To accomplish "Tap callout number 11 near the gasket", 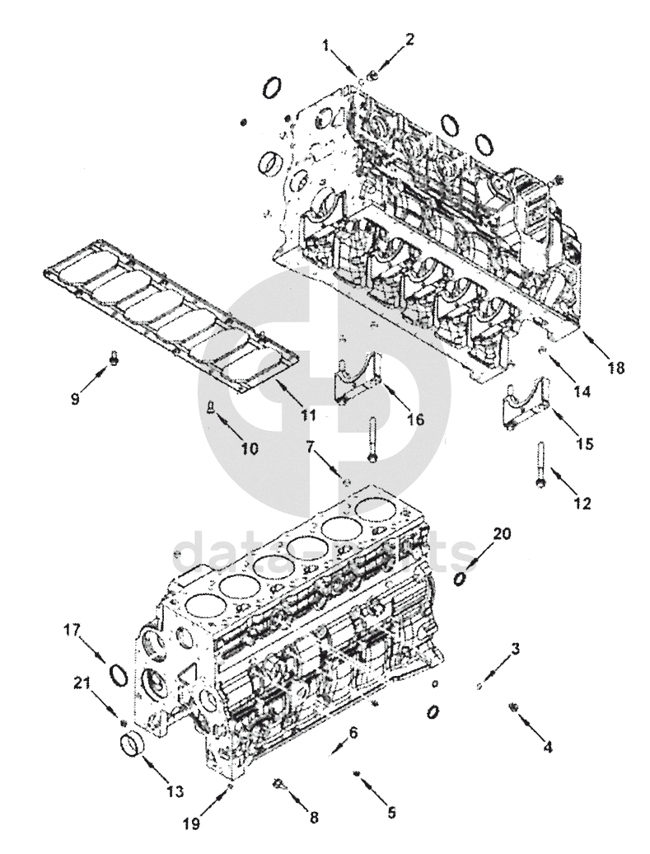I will click(x=308, y=415).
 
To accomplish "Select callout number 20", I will click(x=502, y=534).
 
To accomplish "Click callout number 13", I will click(x=174, y=792).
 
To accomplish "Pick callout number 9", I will click(x=75, y=398).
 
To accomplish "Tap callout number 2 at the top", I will click(x=410, y=38).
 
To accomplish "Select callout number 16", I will click(x=415, y=420).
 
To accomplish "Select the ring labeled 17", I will click(x=118, y=675).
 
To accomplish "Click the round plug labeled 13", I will click(x=131, y=747).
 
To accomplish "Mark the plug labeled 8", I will click(x=278, y=783).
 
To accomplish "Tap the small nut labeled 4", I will click(x=513, y=707).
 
